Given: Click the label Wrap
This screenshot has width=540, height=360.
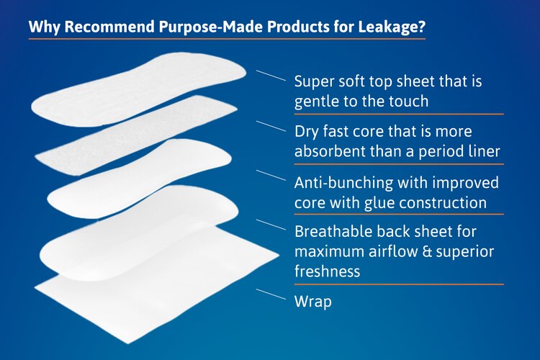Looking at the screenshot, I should (313, 301).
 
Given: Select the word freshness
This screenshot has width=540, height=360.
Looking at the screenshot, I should (327, 271).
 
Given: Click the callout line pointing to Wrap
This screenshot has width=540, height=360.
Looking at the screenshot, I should (271, 294).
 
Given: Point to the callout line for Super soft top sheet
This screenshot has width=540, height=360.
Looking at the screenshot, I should (271, 75).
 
